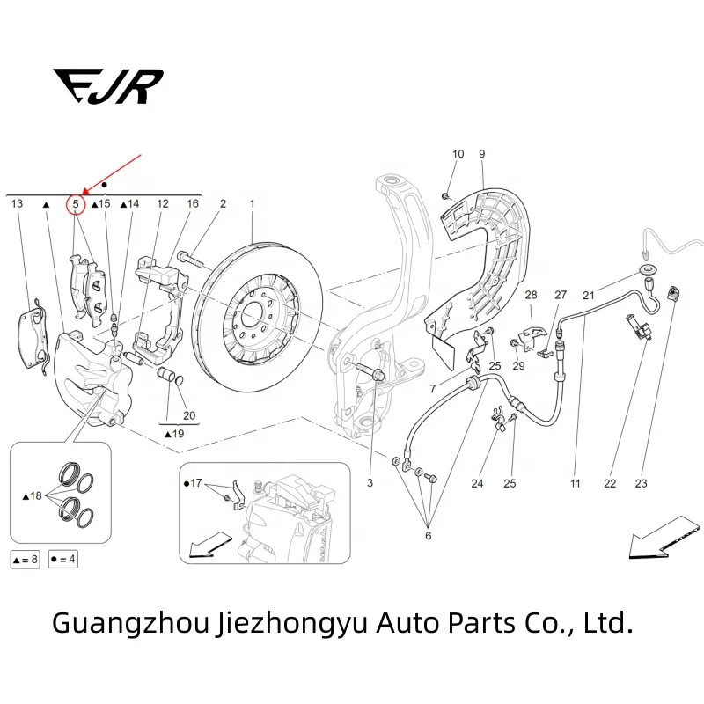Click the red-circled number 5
pyautogui.click(x=76, y=204)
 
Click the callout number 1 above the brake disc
pyautogui.click(x=252, y=203)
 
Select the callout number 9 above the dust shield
pyautogui.click(x=482, y=154)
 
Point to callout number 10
pyautogui.click(x=458, y=154)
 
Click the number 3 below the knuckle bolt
pyautogui.click(x=370, y=483)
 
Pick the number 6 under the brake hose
pyautogui.click(x=429, y=536)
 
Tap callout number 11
pyautogui.click(x=576, y=483)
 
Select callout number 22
pyautogui.click(x=610, y=483)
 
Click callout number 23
pyautogui.click(x=641, y=483)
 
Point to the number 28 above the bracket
pyautogui.click(x=531, y=295)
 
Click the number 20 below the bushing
pyautogui.click(x=189, y=414)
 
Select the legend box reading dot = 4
pyautogui.click(x=63, y=559)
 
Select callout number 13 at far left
pyautogui.click(x=17, y=203)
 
